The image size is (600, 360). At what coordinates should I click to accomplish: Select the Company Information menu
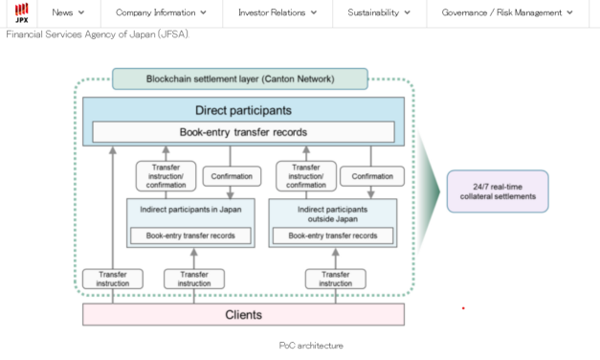click(161, 12)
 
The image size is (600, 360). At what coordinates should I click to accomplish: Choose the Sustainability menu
click(379, 12)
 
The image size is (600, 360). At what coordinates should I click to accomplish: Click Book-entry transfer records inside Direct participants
click(243, 132)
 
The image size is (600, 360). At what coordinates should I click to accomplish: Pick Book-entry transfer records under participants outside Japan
click(333, 235)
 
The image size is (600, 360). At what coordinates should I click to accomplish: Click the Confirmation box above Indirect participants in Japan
click(231, 176)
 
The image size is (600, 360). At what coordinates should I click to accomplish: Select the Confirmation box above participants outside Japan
click(371, 176)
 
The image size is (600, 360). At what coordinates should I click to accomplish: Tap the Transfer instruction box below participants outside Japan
click(335, 279)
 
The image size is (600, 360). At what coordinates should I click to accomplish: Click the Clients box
click(243, 314)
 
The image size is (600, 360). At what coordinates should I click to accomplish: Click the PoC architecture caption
click(310, 345)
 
